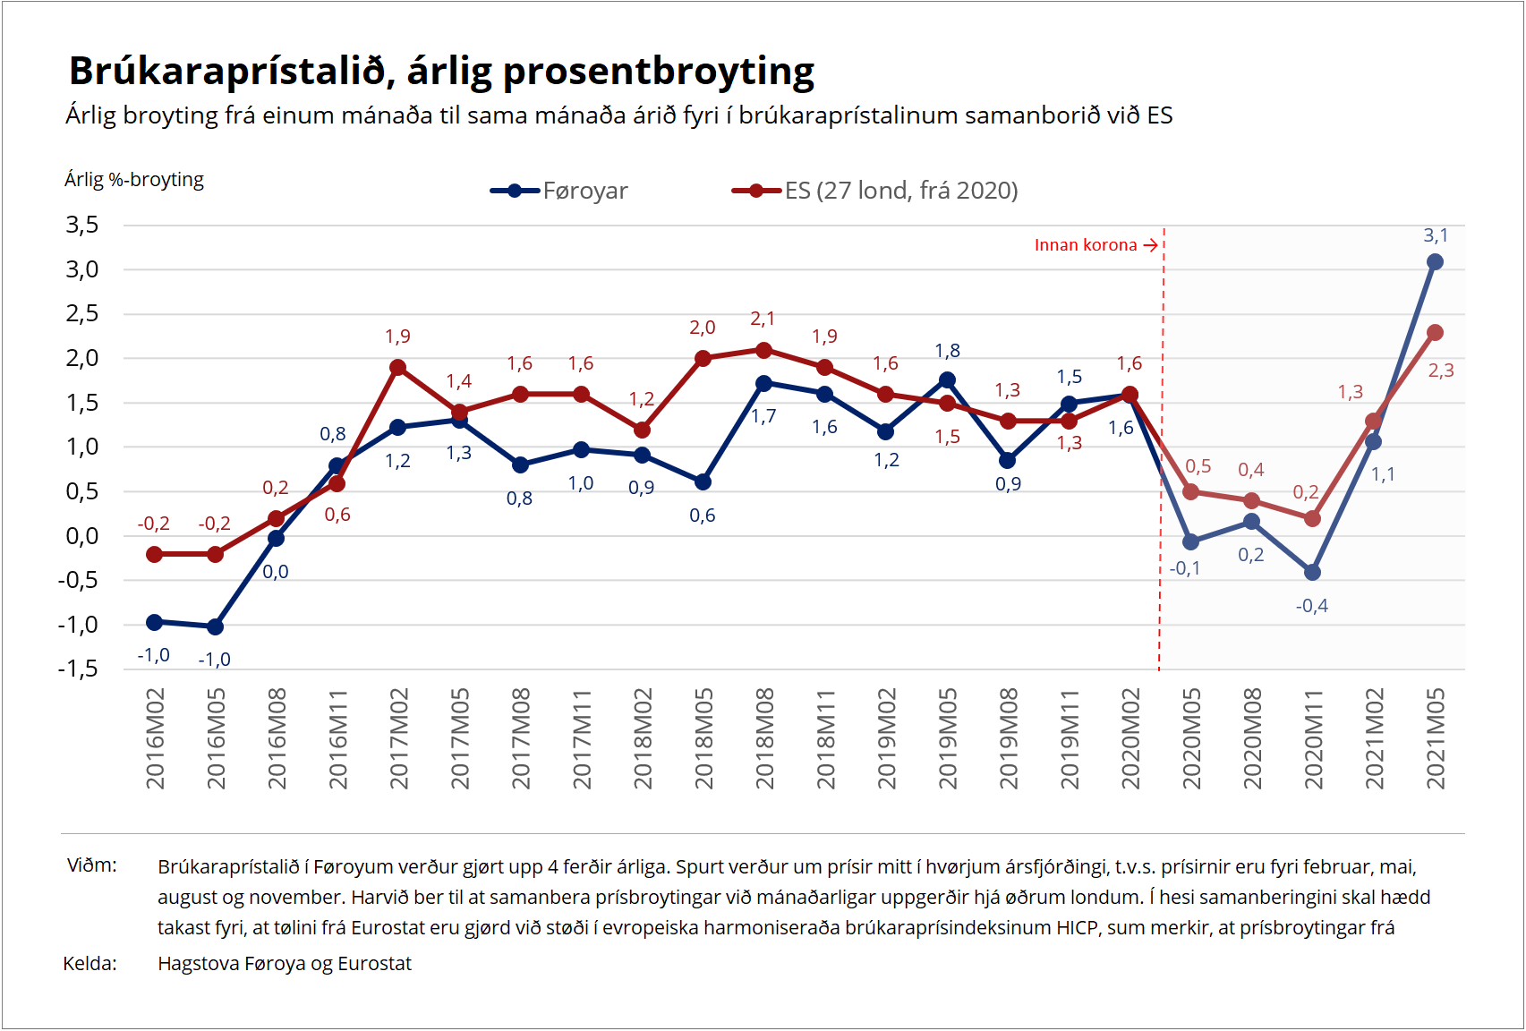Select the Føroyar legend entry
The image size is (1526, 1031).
[x=584, y=191]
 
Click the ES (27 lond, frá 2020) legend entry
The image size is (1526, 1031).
[x=900, y=191]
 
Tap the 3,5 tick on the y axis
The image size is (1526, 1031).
[x=82, y=225]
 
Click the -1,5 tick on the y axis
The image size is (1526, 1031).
[x=79, y=669]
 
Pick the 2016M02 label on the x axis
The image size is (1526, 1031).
[x=156, y=738]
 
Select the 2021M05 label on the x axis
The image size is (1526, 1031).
[x=1436, y=738]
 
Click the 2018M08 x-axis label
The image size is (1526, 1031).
[x=764, y=738]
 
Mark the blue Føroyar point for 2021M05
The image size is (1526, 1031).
[x=1435, y=262]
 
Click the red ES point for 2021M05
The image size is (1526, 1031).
[x=1435, y=333]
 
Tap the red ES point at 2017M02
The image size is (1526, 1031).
[x=398, y=368]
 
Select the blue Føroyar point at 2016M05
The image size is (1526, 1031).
[x=215, y=626]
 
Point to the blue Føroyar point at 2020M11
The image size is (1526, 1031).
[x=1312, y=572]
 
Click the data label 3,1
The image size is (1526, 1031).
[x=1435, y=235]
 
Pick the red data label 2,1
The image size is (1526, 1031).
[x=763, y=319]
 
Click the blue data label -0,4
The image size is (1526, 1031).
[x=1311, y=606]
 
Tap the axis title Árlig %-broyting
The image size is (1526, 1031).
[x=134, y=180]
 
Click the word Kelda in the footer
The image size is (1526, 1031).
[x=90, y=964]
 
